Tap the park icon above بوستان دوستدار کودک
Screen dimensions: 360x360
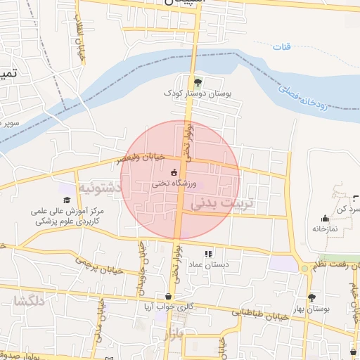[x=198, y=82]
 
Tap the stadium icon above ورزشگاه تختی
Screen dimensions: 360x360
[x=174, y=172]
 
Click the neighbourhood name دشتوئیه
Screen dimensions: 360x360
[x=99, y=188]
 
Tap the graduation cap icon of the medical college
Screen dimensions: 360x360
[x=67, y=200]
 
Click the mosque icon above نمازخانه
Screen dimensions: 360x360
[x=324, y=218]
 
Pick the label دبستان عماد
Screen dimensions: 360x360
[x=209, y=264]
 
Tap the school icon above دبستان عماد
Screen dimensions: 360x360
[x=208, y=254]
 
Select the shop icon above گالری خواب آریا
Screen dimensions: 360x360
[x=168, y=297]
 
